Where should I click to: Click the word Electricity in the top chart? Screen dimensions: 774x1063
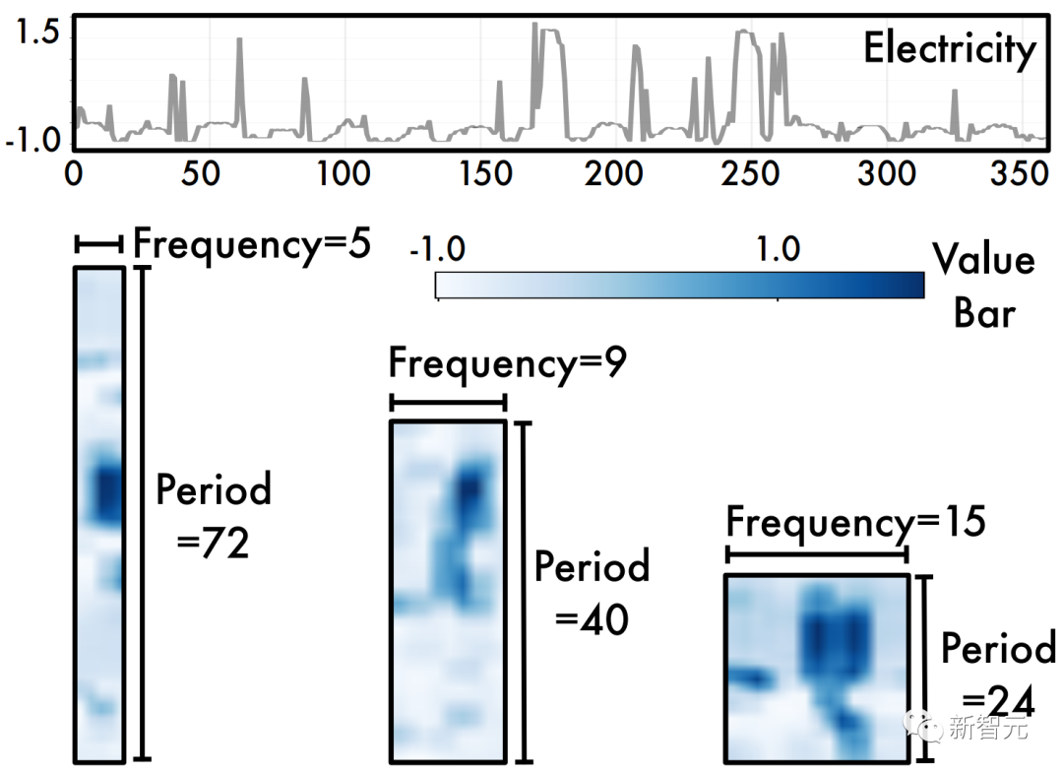[950, 49]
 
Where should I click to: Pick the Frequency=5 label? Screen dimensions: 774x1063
[251, 243]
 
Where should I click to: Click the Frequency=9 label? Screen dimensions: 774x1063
[508, 363]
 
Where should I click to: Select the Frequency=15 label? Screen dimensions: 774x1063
[854, 522]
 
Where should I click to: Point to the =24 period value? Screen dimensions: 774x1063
[997, 702]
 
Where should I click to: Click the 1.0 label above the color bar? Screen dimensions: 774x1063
[778, 249]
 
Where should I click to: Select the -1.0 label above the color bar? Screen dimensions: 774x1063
[437, 249]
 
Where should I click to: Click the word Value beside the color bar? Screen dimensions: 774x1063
[983, 261]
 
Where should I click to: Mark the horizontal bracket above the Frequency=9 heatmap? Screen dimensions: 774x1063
[448, 402]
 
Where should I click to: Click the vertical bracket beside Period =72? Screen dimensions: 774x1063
[143, 512]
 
